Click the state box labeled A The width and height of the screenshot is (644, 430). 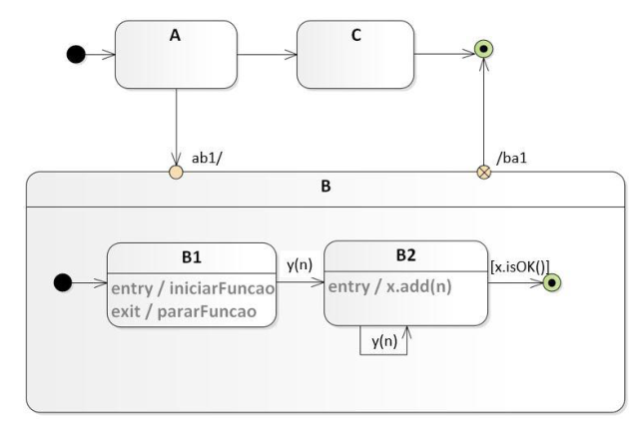click(176, 55)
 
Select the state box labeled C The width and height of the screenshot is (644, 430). click(355, 55)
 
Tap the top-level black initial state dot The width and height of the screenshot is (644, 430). click(76, 54)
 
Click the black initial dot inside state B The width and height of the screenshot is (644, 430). click(63, 282)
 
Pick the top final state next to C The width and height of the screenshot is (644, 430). click(484, 49)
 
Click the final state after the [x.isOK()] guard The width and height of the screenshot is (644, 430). click(552, 282)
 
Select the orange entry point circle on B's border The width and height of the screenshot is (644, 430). click(176, 173)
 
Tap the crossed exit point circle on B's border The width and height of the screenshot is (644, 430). click(484, 173)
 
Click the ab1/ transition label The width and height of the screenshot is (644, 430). click(207, 158)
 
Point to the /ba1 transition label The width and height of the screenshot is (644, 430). click(511, 158)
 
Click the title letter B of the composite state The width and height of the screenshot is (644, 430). click(325, 187)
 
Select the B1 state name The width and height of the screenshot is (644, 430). click(192, 257)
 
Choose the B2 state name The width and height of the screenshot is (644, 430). click(405, 255)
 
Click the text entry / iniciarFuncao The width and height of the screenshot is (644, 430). click(193, 288)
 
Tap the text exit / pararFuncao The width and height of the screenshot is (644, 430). click(184, 311)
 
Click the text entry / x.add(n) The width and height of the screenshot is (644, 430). click(389, 286)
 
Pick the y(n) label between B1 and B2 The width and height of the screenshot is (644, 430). click(300, 265)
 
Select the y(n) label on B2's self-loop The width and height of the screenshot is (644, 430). click(384, 341)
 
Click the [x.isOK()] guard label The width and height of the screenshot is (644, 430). click(520, 267)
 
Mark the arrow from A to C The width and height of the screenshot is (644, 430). click(267, 54)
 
